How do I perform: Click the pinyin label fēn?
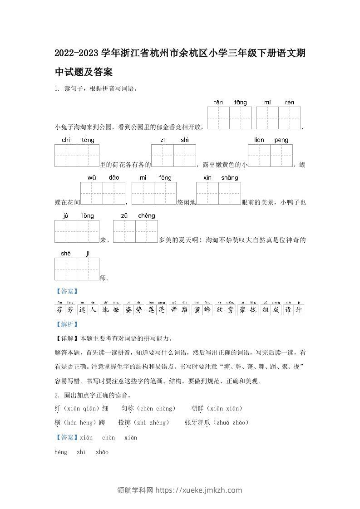pyautogui.click(x=218, y=103)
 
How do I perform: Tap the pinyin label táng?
pyautogui.click(x=88, y=140)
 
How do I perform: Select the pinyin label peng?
pyautogui.click(x=281, y=140)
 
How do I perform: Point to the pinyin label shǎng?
pyautogui.click(x=230, y=177)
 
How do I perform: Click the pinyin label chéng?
pyautogui.click(x=147, y=215)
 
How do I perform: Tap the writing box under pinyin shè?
pyautogui.click(x=66, y=269)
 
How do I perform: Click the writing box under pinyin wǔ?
pyautogui.click(x=92, y=193)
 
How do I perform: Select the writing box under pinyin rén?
pyautogui.click(x=290, y=118)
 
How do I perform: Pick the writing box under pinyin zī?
pyautogui.click(x=163, y=156)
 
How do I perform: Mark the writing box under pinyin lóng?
pyautogui.click(x=88, y=231)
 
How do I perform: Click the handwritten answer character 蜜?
pyautogui.click(x=197, y=310)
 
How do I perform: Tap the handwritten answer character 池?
pyautogui.click(x=105, y=310)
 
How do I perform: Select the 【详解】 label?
pyautogui.click(x=66, y=338)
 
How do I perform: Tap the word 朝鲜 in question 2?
pyautogui.click(x=197, y=409)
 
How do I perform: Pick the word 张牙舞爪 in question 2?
pyautogui.click(x=197, y=422)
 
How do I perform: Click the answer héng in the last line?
pyautogui.click(x=60, y=452)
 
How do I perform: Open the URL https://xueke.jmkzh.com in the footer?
pyautogui.click(x=199, y=490)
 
